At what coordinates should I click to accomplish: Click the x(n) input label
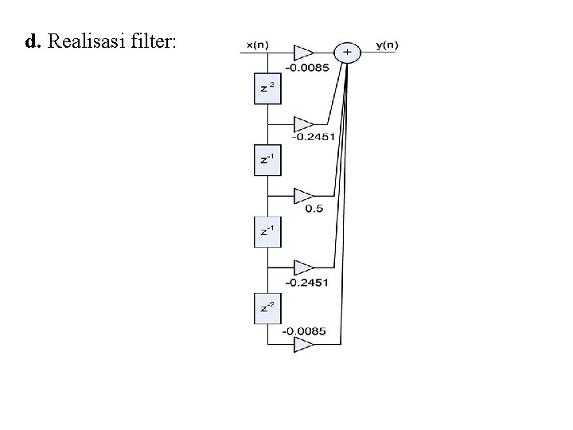(258, 45)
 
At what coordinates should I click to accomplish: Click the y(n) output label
(388, 45)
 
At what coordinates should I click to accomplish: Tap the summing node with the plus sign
(347, 53)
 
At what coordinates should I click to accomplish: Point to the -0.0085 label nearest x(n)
(308, 67)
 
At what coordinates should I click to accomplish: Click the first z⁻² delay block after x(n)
(267, 89)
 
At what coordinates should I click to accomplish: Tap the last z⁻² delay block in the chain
(267, 308)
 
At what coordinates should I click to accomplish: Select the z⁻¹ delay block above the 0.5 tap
(267, 161)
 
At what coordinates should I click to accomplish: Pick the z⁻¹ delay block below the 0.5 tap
(267, 233)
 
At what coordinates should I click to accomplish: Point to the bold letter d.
(32, 42)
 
